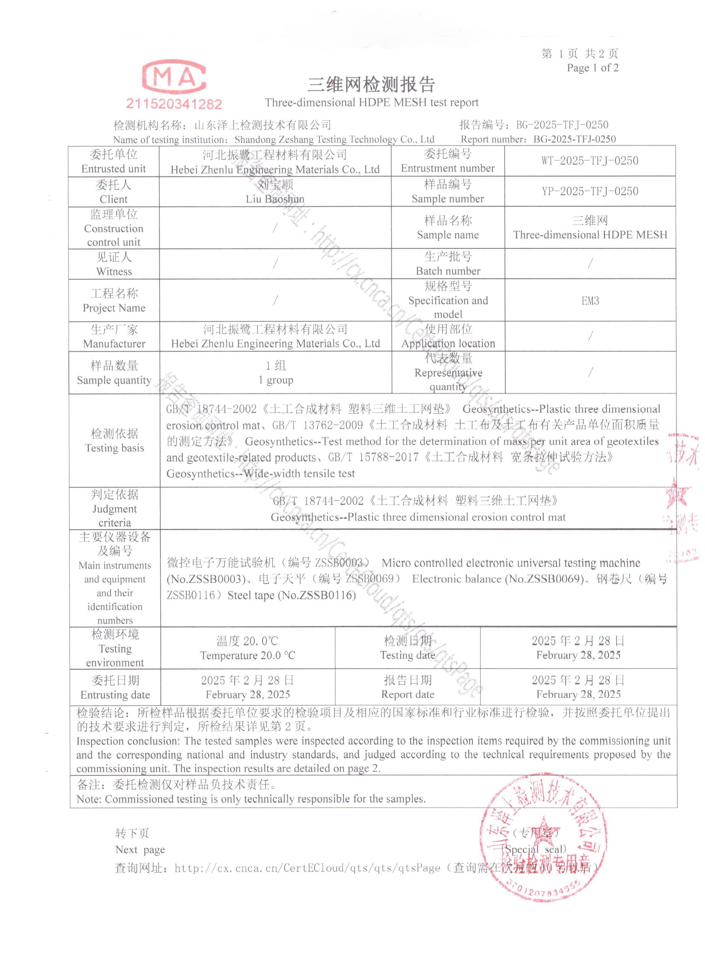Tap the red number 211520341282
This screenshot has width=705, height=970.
(174, 104)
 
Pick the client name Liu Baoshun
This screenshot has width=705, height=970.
(275, 199)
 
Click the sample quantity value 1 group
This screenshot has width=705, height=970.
(275, 380)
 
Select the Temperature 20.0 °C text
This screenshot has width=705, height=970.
(248, 656)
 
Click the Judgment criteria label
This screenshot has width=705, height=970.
(115, 515)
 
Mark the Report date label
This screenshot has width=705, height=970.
(407, 694)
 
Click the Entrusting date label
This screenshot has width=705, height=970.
(115, 694)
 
